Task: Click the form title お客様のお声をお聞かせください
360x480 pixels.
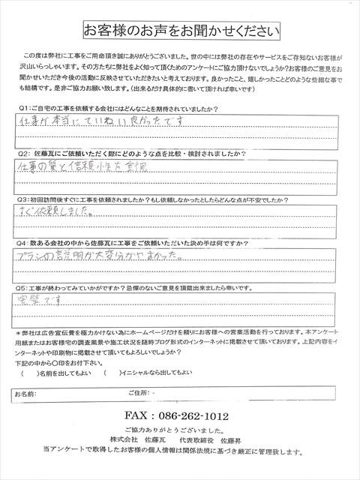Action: [x=181, y=31]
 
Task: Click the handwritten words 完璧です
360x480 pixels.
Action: [x=42, y=301]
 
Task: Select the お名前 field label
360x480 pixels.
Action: [x=26, y=393]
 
